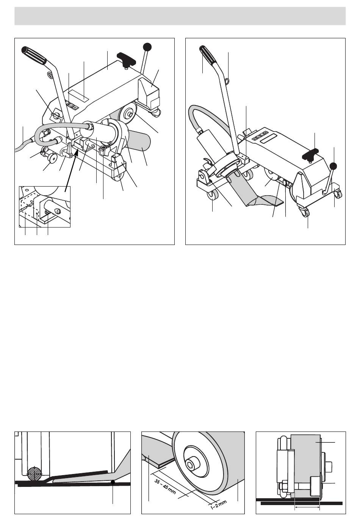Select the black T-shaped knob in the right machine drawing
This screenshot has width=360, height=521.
[313, 154]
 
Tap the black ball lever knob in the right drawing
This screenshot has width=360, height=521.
[333, 166]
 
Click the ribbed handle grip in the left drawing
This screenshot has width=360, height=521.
[34, 55]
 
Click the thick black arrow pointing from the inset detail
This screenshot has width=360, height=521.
[71, 171]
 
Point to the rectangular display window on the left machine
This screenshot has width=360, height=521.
[78, 95]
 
